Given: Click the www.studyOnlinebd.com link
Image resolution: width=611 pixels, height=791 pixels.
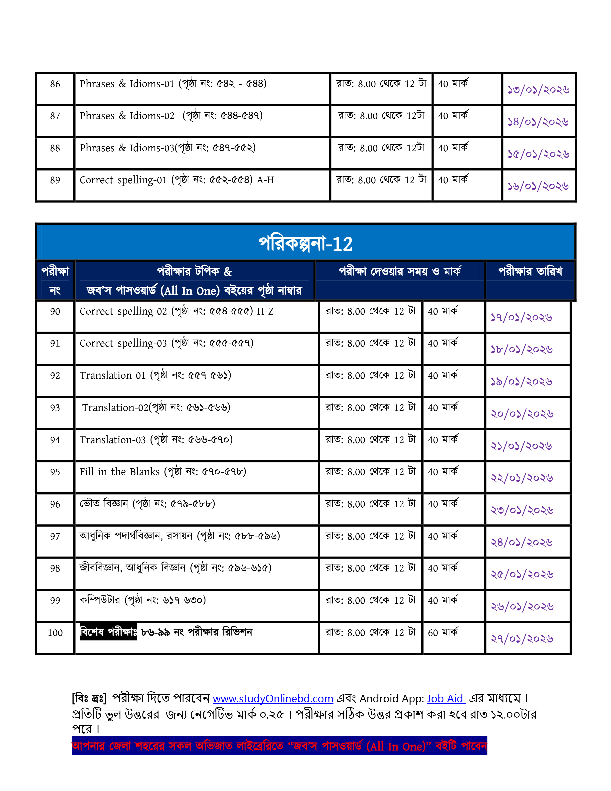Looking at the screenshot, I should click(273, 698).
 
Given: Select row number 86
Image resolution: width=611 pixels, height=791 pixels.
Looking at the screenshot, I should click(55, 84).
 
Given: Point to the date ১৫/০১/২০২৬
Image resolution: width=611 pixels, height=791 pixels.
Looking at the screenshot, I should click(538, 154).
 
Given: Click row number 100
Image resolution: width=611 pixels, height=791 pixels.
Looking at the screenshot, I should click(55, 633).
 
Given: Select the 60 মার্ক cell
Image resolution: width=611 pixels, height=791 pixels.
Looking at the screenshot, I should click(443, 633).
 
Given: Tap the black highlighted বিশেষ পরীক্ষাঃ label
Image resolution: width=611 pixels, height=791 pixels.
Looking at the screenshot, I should click(108, 632).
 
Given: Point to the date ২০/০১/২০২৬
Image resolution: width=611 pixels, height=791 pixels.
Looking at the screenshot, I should click(522, 414).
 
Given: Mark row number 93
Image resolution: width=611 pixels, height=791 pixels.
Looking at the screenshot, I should click(55, 408).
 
